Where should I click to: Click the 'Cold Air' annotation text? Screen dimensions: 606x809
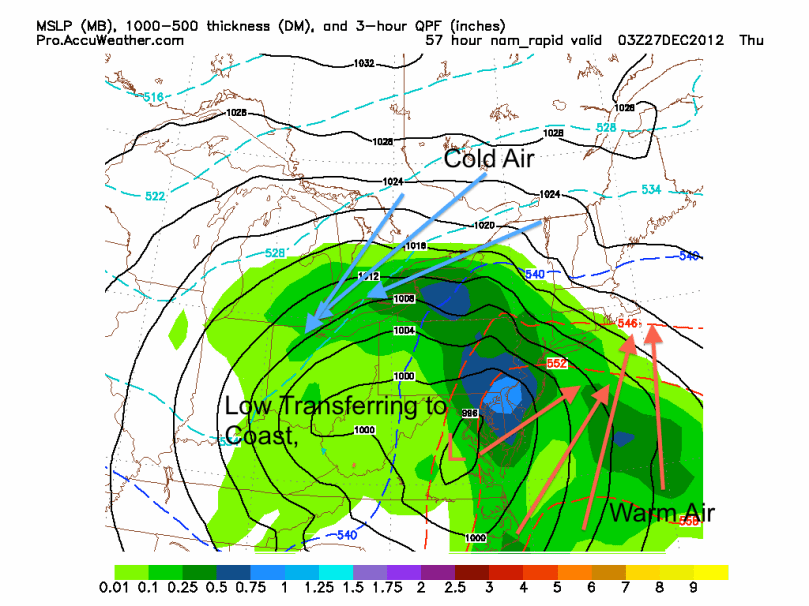click(x=489, y=158)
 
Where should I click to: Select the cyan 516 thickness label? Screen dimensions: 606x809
click(x=153, y=96)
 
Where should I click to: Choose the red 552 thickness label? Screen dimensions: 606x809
click(x=557, y=362)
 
